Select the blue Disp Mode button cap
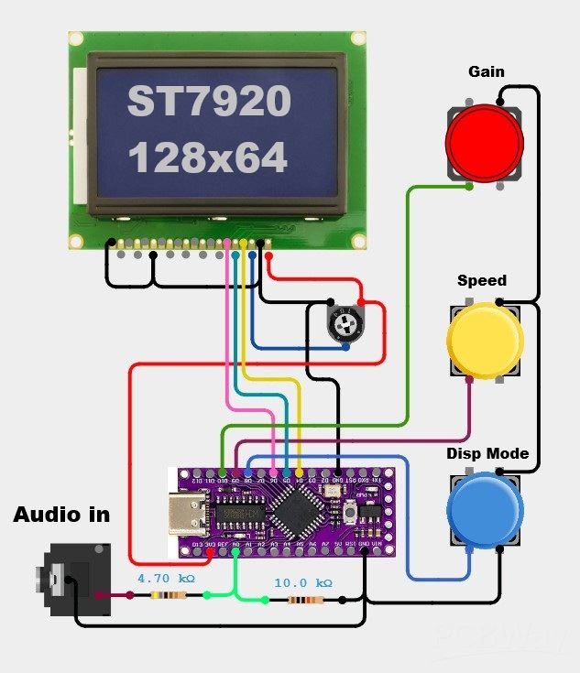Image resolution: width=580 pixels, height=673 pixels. (x=484, y=511)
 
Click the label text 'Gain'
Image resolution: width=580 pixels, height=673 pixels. (x=486, y=71)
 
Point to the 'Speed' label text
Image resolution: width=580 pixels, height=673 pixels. (x=482, y=280)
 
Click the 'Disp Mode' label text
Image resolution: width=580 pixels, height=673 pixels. (x=487, y=453)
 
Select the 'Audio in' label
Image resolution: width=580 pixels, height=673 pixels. (x=61, y=515)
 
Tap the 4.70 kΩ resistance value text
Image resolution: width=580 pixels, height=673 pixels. (x=166, y=579)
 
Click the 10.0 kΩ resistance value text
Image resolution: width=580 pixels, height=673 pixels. (x=303, y=582)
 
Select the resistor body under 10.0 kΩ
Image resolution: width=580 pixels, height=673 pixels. (x=301, y=601)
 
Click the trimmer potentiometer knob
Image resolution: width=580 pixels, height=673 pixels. (x=345, y=322)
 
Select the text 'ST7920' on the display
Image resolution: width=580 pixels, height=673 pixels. (x=209, y=102)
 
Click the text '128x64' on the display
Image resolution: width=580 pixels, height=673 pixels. (x=207, y=158)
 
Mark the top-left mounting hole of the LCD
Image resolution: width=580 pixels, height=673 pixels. (x=76, y=38)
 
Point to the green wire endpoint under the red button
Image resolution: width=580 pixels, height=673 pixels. (x=469, y=187)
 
